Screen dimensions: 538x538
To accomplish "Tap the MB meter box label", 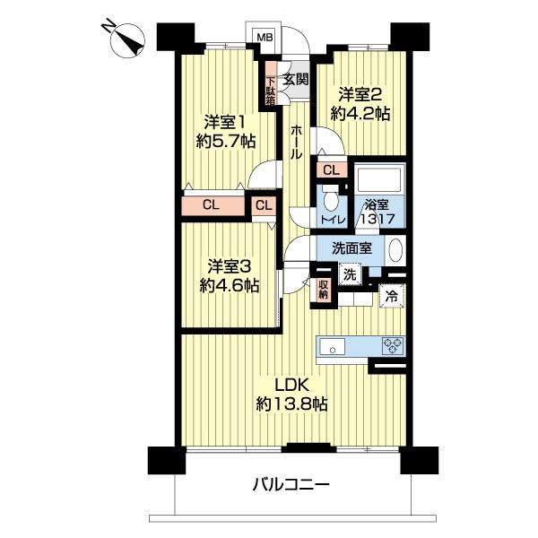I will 265,37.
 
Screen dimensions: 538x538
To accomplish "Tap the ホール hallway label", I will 295,142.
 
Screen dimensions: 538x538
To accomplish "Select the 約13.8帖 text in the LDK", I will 291,403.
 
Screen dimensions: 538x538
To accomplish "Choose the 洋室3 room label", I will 228,267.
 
